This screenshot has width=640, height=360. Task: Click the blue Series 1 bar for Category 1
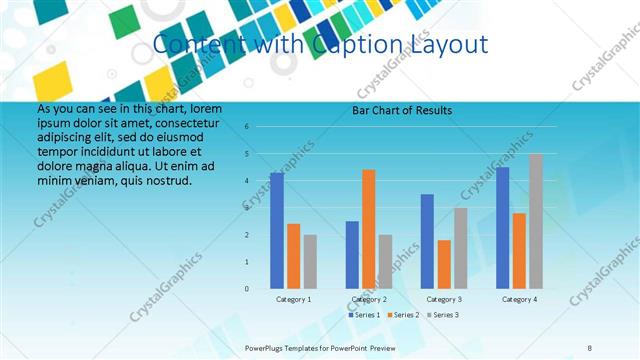pyautogui.click(x=277, y=231)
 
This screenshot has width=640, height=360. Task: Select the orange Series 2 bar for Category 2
pyautogui.click(x=369, y=229)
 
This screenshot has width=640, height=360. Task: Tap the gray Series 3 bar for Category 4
pyautogui.click(x=536, y=221)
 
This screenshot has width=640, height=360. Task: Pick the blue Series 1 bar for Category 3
pyautogui.click(x=427, y=241)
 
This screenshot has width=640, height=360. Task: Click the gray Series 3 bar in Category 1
pyautogui.click(x=310, y=262)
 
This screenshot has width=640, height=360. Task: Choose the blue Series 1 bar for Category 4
pyautogui.click(x=503, y=228)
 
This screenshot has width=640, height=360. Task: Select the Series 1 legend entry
pyautogui.click(x=366, y=315)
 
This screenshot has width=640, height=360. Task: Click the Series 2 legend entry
pyautogui.click(x=404, y=315)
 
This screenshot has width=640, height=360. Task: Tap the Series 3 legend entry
pyautogui.click(x=442, y=315)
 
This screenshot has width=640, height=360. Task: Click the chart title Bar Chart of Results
pyautogui.click(x=402, y=110)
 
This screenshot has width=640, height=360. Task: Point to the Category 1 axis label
pyautogui.click(x=294, y=299)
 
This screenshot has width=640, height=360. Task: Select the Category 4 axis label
pyautogui.click(x=519, y=299)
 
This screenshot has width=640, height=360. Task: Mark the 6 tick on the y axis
pyautogui.click(x=247, y=127)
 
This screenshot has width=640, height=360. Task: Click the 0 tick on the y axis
pyautogui.click(x=247, y=289)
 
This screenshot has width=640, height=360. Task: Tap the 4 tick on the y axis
pyautogui.click(x=247, y=181)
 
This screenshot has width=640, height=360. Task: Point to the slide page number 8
pyautogui.click(x=590, y=348)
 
